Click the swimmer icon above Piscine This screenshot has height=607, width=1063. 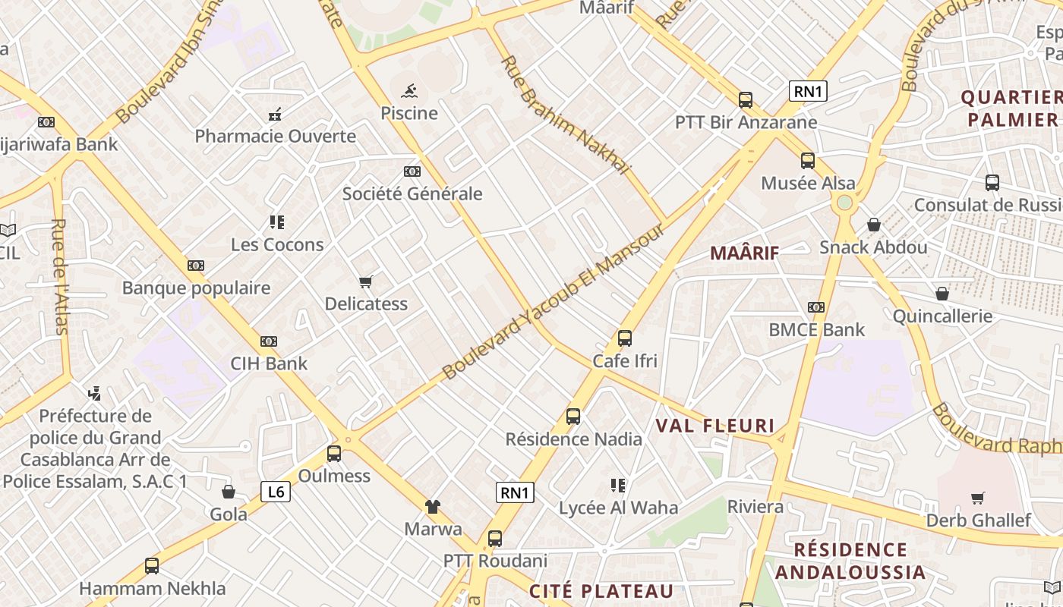coord(409,92)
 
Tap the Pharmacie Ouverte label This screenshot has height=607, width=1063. coord(275,137)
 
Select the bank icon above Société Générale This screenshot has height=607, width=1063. coord(412,171)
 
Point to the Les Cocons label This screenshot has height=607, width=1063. coord(277,244)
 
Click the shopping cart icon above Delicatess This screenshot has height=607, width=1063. coord(366,282)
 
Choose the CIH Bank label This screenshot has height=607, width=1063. coord(270,363)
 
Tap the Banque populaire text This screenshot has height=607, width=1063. coord(196,288)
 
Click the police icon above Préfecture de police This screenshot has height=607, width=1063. coord(95,394)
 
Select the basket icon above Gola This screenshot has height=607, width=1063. coord(229,492)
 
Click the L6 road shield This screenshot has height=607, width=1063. coord(276,492)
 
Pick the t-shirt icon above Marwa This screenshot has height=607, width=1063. coord(433,507)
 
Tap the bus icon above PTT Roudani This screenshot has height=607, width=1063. coord(495,539)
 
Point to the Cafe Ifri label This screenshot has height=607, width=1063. coord(625,361)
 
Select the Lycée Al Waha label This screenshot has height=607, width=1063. coord(618,508)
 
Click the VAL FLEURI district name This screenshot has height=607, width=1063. coord(714,426)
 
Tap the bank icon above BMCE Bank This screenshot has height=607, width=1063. coord(816,307)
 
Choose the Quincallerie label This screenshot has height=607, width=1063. coord(942,316)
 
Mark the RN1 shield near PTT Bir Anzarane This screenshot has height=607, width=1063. coord(808,92)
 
